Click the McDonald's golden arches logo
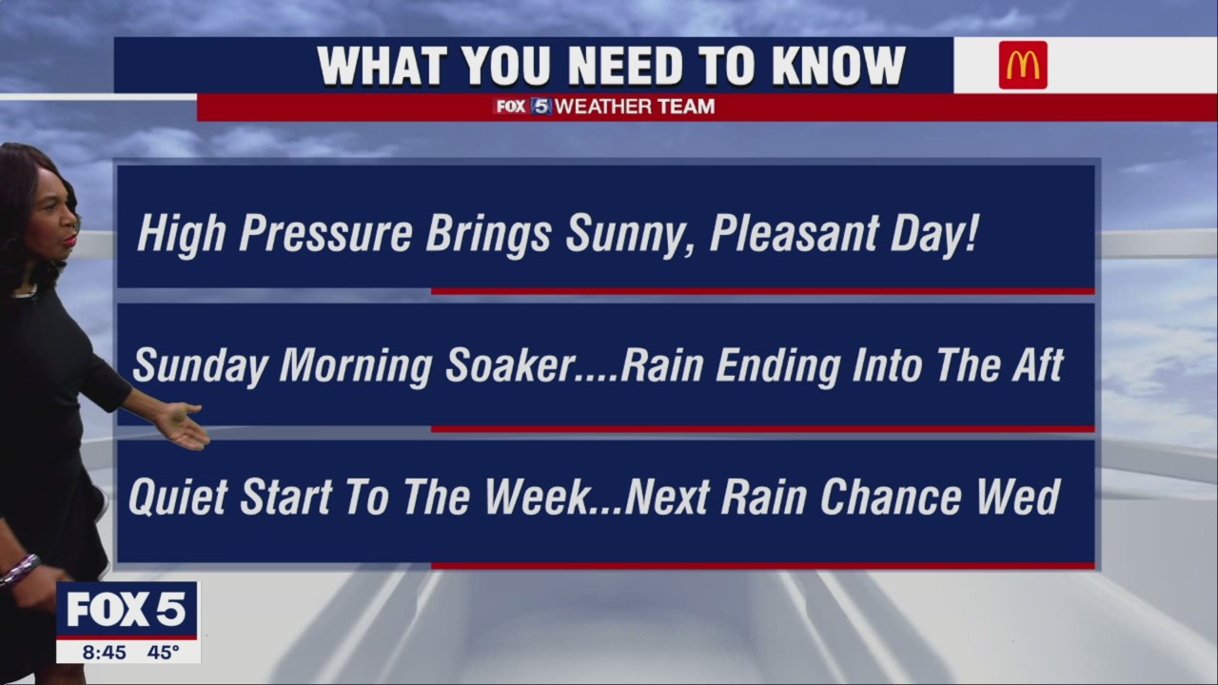click(1023, 66)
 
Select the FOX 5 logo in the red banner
click(522, 107)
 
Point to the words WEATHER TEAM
click(634, 107)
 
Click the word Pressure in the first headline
click(325, 234)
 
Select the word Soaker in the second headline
click(510, 366)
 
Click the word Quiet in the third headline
click(178, 498)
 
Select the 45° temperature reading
click(163, 653)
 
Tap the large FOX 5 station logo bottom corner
click(127, 610)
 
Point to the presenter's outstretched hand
click(183, 425)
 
